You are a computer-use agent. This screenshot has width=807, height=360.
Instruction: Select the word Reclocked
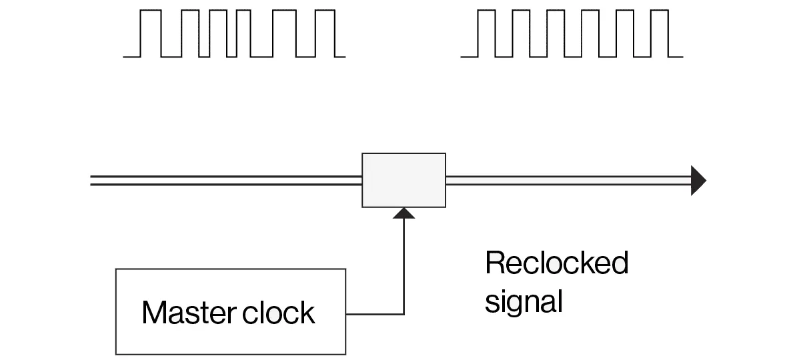[556, 263]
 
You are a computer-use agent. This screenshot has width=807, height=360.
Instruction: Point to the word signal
[524, 301]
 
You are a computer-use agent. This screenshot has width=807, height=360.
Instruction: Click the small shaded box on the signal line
[403, 180]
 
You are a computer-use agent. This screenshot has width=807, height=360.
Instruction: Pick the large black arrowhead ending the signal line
[698, 180]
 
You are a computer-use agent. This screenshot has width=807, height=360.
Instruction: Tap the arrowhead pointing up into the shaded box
[403, 213]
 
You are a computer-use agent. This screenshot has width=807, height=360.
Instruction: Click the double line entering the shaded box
[227, 180]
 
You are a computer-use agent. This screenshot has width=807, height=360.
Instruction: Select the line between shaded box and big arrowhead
[567, 180]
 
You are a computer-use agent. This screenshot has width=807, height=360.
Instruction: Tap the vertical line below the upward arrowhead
[403, 267]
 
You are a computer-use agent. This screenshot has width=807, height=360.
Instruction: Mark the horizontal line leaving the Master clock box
[373, 313]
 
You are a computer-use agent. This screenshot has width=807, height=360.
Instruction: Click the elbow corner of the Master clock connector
[403, 313]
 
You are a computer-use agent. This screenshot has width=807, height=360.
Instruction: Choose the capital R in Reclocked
[495, 263]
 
